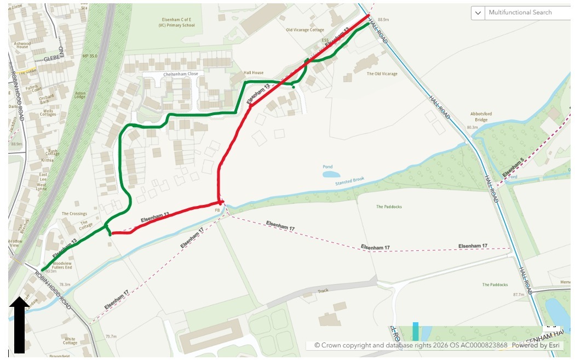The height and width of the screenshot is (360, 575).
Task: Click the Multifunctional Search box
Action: point(526,13)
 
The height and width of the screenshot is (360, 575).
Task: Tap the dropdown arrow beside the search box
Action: point(478,13)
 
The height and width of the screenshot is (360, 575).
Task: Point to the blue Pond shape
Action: point(331,174)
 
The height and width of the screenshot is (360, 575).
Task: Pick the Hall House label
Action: point(254,73)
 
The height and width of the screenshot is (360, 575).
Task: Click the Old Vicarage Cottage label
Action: point(304,30)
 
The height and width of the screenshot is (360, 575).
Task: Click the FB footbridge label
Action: point(217,210)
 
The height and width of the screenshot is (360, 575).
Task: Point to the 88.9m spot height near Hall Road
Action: point(383,19)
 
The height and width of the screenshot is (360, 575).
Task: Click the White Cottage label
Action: point(70,341)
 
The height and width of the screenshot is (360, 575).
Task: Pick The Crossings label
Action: point(74,214)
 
